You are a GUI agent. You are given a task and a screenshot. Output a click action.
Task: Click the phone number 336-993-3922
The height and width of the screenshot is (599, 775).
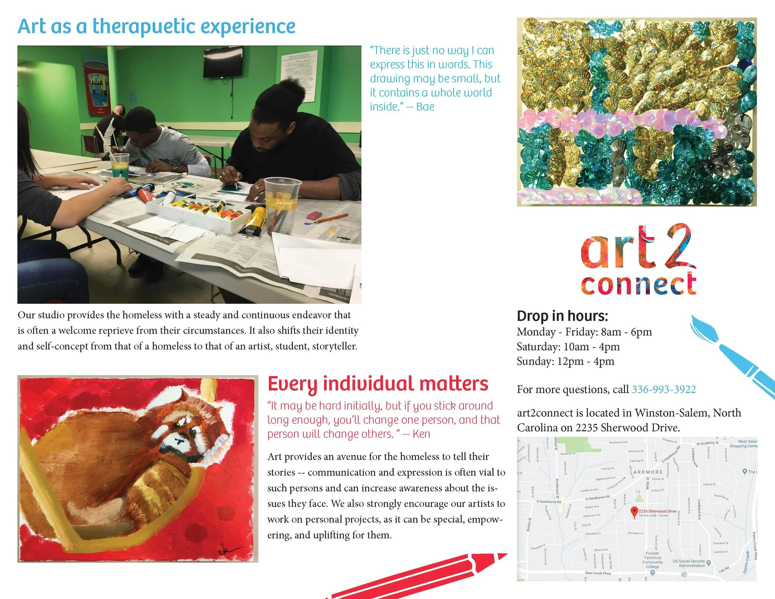(x=664, y=390)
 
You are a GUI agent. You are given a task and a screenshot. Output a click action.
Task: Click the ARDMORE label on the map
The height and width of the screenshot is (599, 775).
(x=648, y=472)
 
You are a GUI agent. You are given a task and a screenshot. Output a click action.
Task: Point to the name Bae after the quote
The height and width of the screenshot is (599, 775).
(x=425, y=107)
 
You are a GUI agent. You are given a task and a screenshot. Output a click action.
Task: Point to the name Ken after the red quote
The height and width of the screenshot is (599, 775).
(x=421, y=434)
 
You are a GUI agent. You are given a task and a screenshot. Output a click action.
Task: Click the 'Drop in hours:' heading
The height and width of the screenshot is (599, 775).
(x=562, y=316)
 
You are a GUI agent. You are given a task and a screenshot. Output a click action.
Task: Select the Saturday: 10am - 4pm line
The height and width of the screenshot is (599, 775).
(x=568, y=347)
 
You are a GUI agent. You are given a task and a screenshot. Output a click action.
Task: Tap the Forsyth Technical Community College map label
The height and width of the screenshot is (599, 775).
(x=652, y=560)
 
